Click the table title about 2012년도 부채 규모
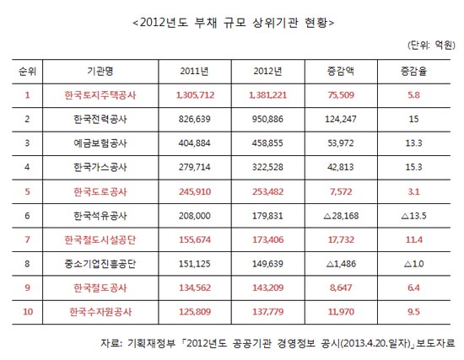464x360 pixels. tap(234, 23)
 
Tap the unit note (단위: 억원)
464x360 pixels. tap(432, 45)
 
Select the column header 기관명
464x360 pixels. tap(100, 71)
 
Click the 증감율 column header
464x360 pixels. tap(413, 71)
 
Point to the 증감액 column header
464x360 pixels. tap(341, 71)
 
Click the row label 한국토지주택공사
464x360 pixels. tap(100, 95)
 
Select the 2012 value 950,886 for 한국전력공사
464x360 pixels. tap(267, 119)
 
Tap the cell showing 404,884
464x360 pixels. tap(194, 142)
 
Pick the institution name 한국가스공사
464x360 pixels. tap(100, 167)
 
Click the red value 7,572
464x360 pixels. tap(341, 191)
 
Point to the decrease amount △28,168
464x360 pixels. tap(341, 216)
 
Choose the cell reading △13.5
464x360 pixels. tap(413, 216)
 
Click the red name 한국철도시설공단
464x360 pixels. tap(100, 239)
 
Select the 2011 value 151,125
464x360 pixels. tap(194, 264)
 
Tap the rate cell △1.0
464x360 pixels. tap(413, 264)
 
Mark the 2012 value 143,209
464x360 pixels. tap(267, 287)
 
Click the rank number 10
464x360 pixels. tap(28, 312)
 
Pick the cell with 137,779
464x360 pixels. tap(267, 312)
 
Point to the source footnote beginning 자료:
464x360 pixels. tap(278, 343)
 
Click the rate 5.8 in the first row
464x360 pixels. tap(413, 95)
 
